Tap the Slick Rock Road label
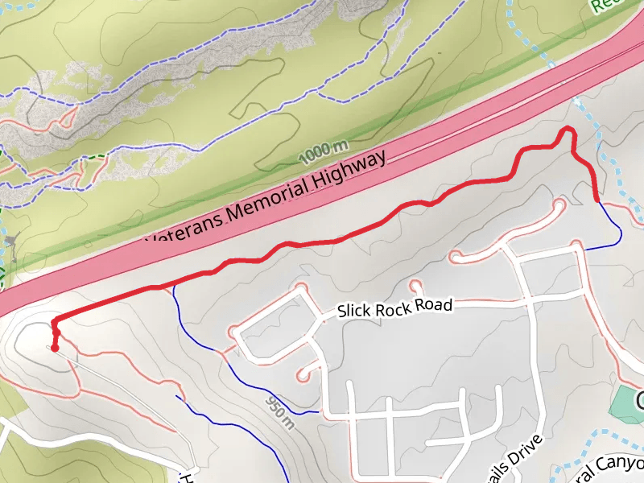pos(394,308)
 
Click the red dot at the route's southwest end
pos(54,349)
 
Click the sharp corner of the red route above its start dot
pos(55,321)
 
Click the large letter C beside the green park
pos(639,399)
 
